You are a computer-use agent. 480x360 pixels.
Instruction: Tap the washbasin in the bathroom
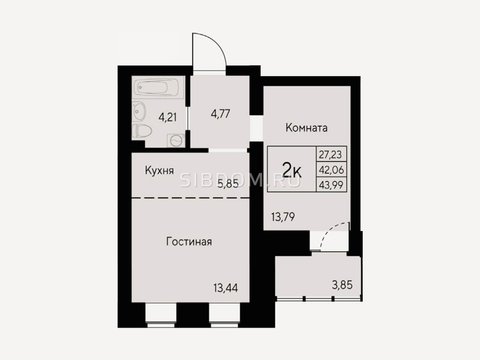(139, 111)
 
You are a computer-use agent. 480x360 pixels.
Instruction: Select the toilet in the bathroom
(142, 131)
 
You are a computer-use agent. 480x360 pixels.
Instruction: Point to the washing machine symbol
(175, 140)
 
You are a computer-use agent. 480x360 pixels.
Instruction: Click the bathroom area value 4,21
(167, 117)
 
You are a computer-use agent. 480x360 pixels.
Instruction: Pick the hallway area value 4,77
(220, 114)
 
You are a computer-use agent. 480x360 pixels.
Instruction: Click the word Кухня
(159, 171)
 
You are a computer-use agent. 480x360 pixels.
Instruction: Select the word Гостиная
(189, 242)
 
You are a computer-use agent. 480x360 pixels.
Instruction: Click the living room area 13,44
(226, 288)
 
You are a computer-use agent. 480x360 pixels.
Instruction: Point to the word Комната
(307, 127)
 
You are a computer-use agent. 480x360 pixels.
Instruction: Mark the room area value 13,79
(283, 217)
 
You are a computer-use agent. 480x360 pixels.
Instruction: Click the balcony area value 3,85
(342, 285)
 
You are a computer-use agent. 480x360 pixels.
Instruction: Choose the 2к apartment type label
(292, 171)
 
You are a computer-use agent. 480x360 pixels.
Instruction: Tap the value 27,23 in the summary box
(330, 155)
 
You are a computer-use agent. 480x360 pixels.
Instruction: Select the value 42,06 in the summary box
(331, 170)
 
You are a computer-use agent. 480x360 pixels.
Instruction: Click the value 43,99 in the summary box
(331, 185)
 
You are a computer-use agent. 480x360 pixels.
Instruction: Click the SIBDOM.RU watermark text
(240, 181)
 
